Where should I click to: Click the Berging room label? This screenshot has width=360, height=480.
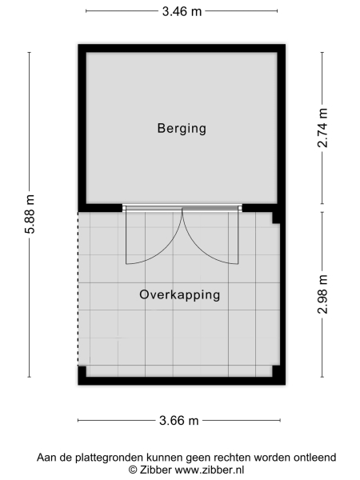[182, 128]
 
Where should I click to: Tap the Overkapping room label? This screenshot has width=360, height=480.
[179, 294]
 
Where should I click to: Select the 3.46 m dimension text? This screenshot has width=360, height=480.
[181, 11]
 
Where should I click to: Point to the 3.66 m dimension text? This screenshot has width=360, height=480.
[179, 420]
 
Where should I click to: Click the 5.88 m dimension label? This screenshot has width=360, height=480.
[30, 214]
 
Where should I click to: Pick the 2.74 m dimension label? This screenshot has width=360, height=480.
[322, 128]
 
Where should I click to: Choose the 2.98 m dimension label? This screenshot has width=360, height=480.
[322, 294]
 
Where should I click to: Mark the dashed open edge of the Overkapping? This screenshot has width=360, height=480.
[78, 288]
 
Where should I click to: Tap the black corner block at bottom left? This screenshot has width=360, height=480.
[82, 375]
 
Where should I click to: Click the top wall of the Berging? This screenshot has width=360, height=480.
[182, 47]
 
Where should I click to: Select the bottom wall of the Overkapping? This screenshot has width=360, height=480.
[182, 381]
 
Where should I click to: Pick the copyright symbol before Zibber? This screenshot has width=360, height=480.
[134, 470]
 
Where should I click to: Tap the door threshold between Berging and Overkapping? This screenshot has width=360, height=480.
[182, 207]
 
